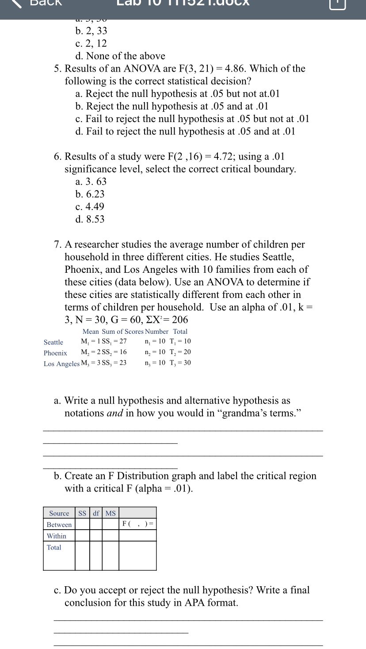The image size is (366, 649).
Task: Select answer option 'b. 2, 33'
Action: tap(91, 31)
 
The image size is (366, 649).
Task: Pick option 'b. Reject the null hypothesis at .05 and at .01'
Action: tap(172, 107)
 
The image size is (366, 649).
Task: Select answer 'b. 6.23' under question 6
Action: tap(90, 194)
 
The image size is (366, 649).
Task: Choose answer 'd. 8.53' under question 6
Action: tap(90, 219)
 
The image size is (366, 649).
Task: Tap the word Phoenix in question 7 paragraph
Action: tap(84, 270)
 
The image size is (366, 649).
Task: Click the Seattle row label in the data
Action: tap(53, 342)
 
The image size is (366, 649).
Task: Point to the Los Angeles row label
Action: tap(61, 364)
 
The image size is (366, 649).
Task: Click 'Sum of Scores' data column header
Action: tap(122, 332)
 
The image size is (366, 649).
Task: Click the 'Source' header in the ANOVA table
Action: tap(59, 513)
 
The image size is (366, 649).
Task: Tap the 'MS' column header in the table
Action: tap(111, 513)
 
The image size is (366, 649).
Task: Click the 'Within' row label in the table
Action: tap(57, 536)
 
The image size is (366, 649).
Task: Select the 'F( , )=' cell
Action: tap(137, 524)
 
